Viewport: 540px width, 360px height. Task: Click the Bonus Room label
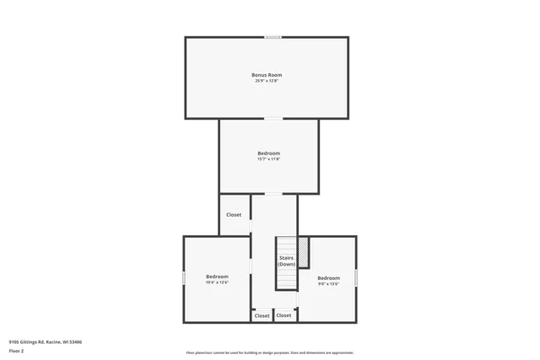click(x=267, y=75)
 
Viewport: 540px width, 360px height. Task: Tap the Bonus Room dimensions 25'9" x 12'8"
click(x=267, y=81)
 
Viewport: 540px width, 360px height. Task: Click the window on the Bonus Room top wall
click(x=273, y=37)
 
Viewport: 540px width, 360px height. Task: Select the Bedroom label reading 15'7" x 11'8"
click(x=268, y=153)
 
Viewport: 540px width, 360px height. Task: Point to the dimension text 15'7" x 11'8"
click(x=268, y=159)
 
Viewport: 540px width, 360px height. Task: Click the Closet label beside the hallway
click(x=234, y=215)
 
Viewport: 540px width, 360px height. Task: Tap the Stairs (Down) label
click(x=287, y=261)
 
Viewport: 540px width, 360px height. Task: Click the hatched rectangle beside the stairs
click(x=303, y=251)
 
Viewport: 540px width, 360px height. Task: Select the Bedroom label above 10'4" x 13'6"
click(x=217, y=277)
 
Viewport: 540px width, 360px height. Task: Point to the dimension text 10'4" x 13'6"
click(x=217, y=282)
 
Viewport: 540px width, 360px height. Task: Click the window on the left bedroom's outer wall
click(x=184, y=277)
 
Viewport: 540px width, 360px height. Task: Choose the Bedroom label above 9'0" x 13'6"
click(x=328, y=278)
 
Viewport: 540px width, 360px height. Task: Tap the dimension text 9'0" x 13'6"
click(x=328, y=284)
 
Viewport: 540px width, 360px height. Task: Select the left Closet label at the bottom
click(x=262, y=315)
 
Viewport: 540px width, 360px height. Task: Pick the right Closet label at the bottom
click(x=284, y=315)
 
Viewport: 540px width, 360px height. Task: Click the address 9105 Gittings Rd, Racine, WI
click(x=45, y=342)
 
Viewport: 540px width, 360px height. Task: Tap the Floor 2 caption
click(x=17, y=351)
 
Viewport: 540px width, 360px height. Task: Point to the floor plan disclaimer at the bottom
click(x=270, y=353)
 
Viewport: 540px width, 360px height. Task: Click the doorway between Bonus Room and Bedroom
click(x=269, y=119)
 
